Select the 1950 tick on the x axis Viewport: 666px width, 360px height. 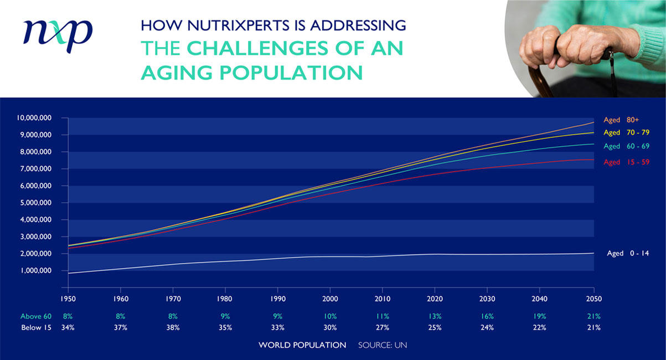(68, 299)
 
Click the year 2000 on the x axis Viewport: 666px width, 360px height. (330, 299)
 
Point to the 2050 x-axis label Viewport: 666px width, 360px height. (593, 299)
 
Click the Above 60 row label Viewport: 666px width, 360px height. (36, 317)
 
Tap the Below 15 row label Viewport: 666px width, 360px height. (36, 327)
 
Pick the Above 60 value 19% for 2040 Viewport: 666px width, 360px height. (539, 317)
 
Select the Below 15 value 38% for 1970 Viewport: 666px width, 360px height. (173, 327)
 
